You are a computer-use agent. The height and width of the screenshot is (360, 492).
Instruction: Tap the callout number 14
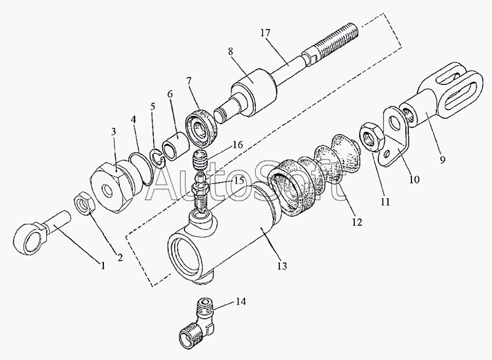click(x=240, y=302)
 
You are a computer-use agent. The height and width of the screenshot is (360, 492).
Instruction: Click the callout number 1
click(x=103, y=266)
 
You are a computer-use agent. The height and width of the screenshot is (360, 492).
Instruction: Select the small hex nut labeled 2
click(x=85, y=202)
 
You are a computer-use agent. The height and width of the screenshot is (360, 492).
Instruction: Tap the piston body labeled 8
click(x=252, y=89)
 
